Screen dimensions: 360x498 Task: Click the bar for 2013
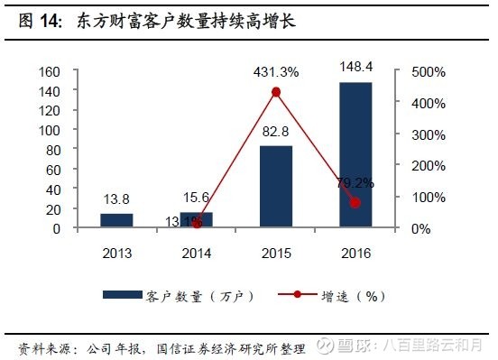[x=115, y=221]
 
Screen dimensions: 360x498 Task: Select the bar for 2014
[x=196, y=220]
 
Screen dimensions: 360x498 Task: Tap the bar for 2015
[x=276, y=187]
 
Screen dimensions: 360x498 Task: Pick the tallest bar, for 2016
[x=355, y=155]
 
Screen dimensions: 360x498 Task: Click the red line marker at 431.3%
[x=276, y=92]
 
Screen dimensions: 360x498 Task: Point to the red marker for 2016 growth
[x=355, y=203]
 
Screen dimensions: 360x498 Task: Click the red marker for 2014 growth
[x=197, y=224]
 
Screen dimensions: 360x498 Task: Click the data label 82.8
[x=276, y=133]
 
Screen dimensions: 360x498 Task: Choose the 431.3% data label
[x=276, y=70]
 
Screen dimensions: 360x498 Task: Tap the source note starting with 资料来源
[x=162, y=347]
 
